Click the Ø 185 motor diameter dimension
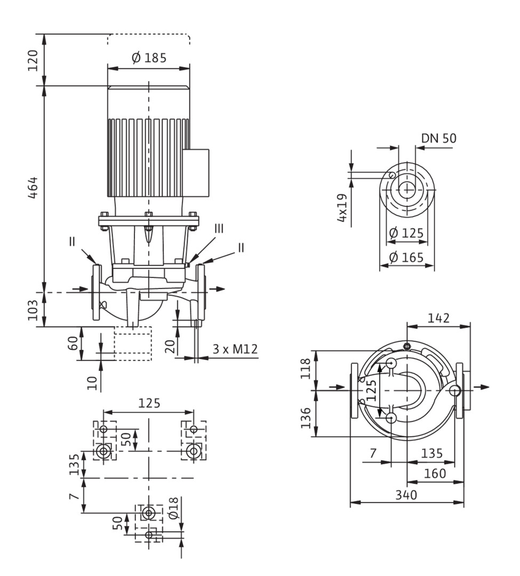point(149,58)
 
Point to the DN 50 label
point(438,138)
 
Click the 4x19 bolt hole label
point(342,207)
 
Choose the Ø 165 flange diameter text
point(406,257)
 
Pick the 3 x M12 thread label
point(235,349)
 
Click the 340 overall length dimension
point(406,495)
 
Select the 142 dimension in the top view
point(438,318)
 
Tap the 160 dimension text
point(435,474)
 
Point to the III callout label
point(219,229)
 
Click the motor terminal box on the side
point(196,172)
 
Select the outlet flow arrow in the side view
point(219,289)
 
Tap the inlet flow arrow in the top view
point(338,387)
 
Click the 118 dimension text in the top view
point(306,369)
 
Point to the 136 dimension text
point(306,418)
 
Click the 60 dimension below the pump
point(73,343)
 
